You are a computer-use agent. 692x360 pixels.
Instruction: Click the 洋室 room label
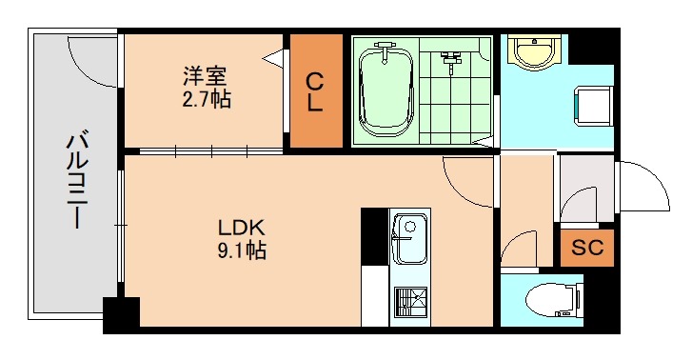pyautogui.click(x=205, y=75)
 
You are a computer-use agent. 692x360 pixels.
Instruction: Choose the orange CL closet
pyautogui.click(x=315, y=91)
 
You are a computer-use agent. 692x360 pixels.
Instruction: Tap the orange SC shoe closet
pyautogui.click(x=587, y=249)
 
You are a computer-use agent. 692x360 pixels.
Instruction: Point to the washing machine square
pyautogui.click(x=591, y=105)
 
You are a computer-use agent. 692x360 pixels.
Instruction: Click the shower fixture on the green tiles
pyautogui.click(x=448, y=60)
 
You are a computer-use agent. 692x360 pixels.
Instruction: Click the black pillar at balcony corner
pyautogui.click(x=121, y=314)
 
